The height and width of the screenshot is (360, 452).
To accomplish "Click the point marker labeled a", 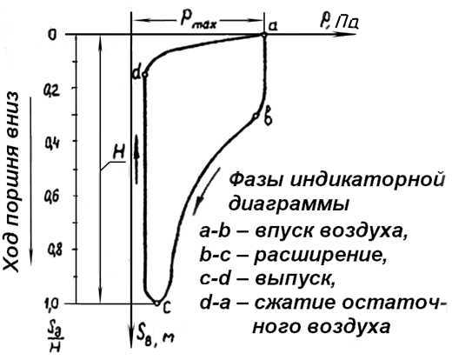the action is point(264,35).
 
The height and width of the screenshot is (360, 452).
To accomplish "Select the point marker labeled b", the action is point(256,116).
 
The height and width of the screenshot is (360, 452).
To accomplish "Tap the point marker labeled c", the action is point(156,303).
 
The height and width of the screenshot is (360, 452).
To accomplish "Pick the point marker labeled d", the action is point(145,75).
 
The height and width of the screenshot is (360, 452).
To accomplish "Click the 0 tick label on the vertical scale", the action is point(52,35).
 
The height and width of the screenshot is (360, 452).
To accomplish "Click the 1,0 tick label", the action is point(53,305).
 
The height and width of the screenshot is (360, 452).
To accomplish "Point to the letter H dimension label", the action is point(118,151).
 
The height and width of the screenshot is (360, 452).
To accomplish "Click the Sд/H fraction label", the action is point(55,337).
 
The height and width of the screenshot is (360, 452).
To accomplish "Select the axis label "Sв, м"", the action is point(156,337).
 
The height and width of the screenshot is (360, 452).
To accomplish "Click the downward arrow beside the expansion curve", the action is point(206,191).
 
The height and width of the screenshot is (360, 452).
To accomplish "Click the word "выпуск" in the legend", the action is point(295,279).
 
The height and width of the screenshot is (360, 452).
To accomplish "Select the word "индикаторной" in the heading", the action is point(368,179).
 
